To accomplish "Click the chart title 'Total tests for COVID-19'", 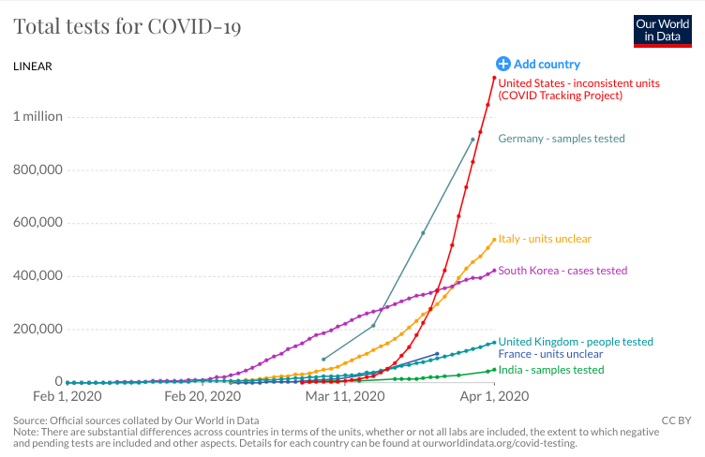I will pyautogui.click(x=127, y=26).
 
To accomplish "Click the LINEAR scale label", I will pyautogui.click(x=33, y=66).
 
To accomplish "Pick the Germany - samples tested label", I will pyautogui.click(x=561, y=139).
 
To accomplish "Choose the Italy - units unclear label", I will pyautogui.click(x=545, y=239).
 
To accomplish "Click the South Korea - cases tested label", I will pyautogui.click(x=562, y=271).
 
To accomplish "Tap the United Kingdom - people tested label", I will pyautogui.click(x=576, y=342).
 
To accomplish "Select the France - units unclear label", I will pyautogui.click(x=550, y=354).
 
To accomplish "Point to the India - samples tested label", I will pyautogui.click(x=550, y=370).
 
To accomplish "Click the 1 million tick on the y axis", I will pyautogui.click(x=37, y=117).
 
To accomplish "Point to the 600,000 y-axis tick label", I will pyautogui.click(x=37, y=223).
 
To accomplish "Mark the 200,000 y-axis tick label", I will pyautogui.click(x=37, y=329).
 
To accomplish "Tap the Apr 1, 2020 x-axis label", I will pyautogui.click(x=494, y=396).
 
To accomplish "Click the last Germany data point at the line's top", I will pyautogui.click(x=472, y=140).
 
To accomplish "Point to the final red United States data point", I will pyautogui.click(x=494, y=78).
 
